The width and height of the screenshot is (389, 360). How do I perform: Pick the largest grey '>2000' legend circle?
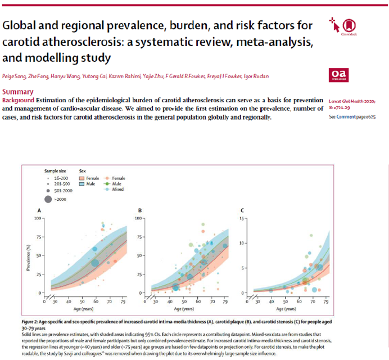tap(48, 200)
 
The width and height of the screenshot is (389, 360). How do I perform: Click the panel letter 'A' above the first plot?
tap(39, 210)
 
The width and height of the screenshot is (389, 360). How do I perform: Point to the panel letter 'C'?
tap(242, 210)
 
